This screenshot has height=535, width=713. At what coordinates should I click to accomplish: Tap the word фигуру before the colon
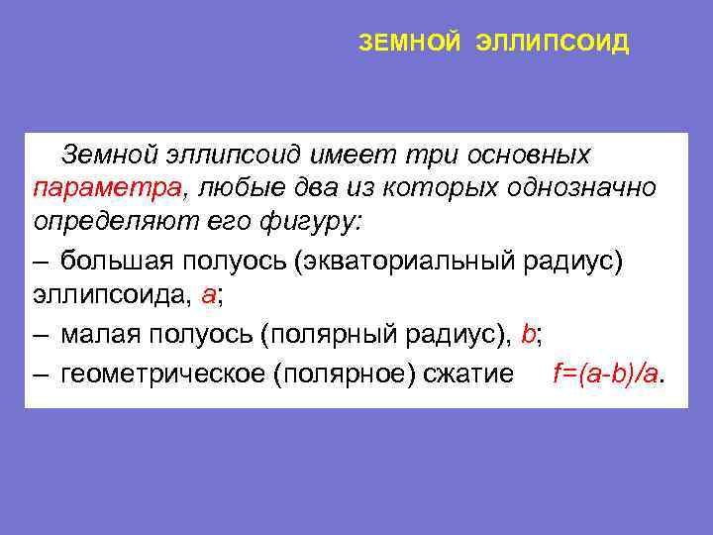[319, 222]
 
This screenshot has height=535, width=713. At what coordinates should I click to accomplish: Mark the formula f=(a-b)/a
[607, 374]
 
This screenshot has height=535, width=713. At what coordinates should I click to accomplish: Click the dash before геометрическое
[40, 374]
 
